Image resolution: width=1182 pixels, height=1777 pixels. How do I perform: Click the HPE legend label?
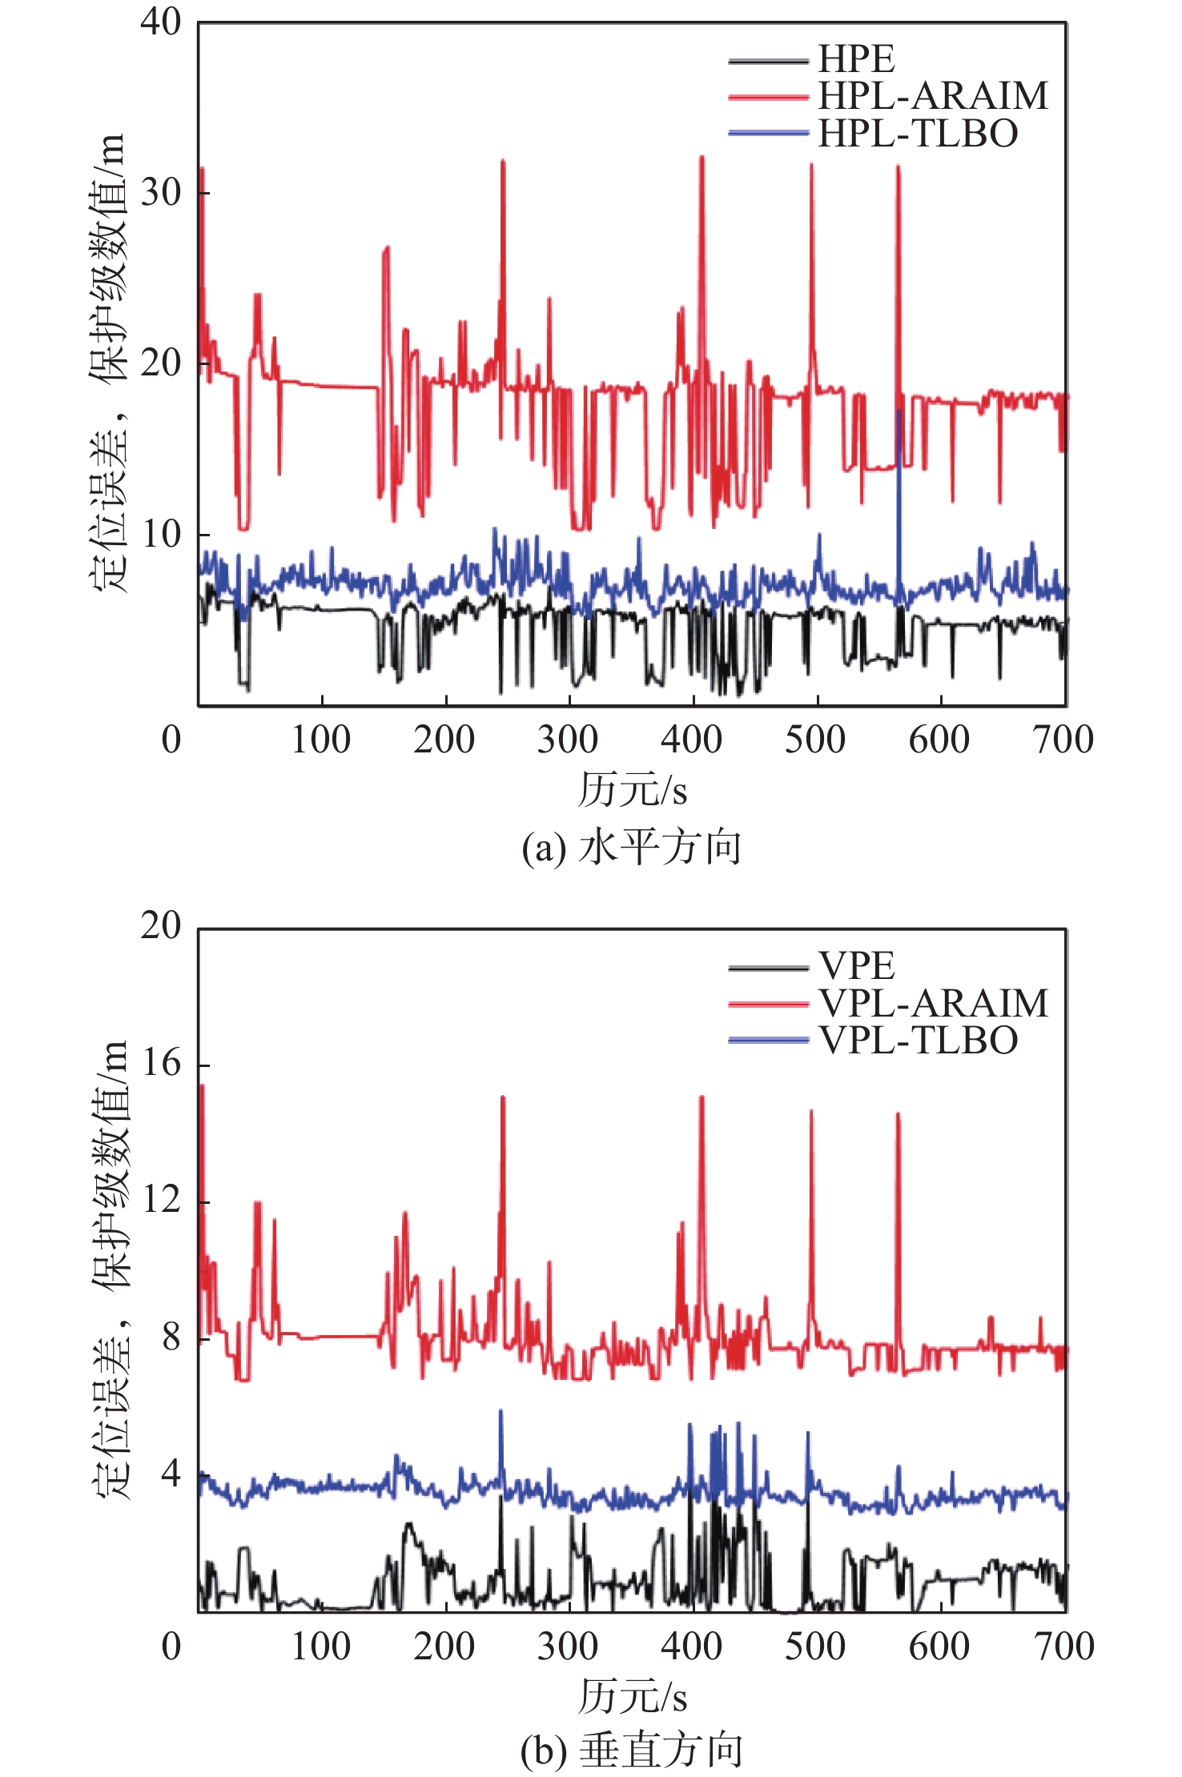855,59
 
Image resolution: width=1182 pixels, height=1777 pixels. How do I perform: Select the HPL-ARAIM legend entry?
932,96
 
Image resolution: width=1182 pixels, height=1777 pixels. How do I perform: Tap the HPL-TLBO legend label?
917,133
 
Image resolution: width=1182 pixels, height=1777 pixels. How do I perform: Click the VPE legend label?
855,965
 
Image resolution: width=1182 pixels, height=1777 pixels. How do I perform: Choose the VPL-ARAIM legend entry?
932,1003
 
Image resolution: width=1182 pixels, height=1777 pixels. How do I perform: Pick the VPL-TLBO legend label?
917,1040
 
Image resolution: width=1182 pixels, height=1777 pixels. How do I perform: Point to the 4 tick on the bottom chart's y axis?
171,1474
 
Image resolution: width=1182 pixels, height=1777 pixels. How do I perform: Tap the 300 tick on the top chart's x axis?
568,740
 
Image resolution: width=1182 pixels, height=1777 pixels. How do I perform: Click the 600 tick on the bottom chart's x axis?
939,1647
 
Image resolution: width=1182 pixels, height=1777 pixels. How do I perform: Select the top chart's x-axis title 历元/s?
632,789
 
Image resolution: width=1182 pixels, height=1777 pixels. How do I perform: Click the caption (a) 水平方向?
631,847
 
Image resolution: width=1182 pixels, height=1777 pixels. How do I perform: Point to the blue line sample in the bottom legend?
768,1040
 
